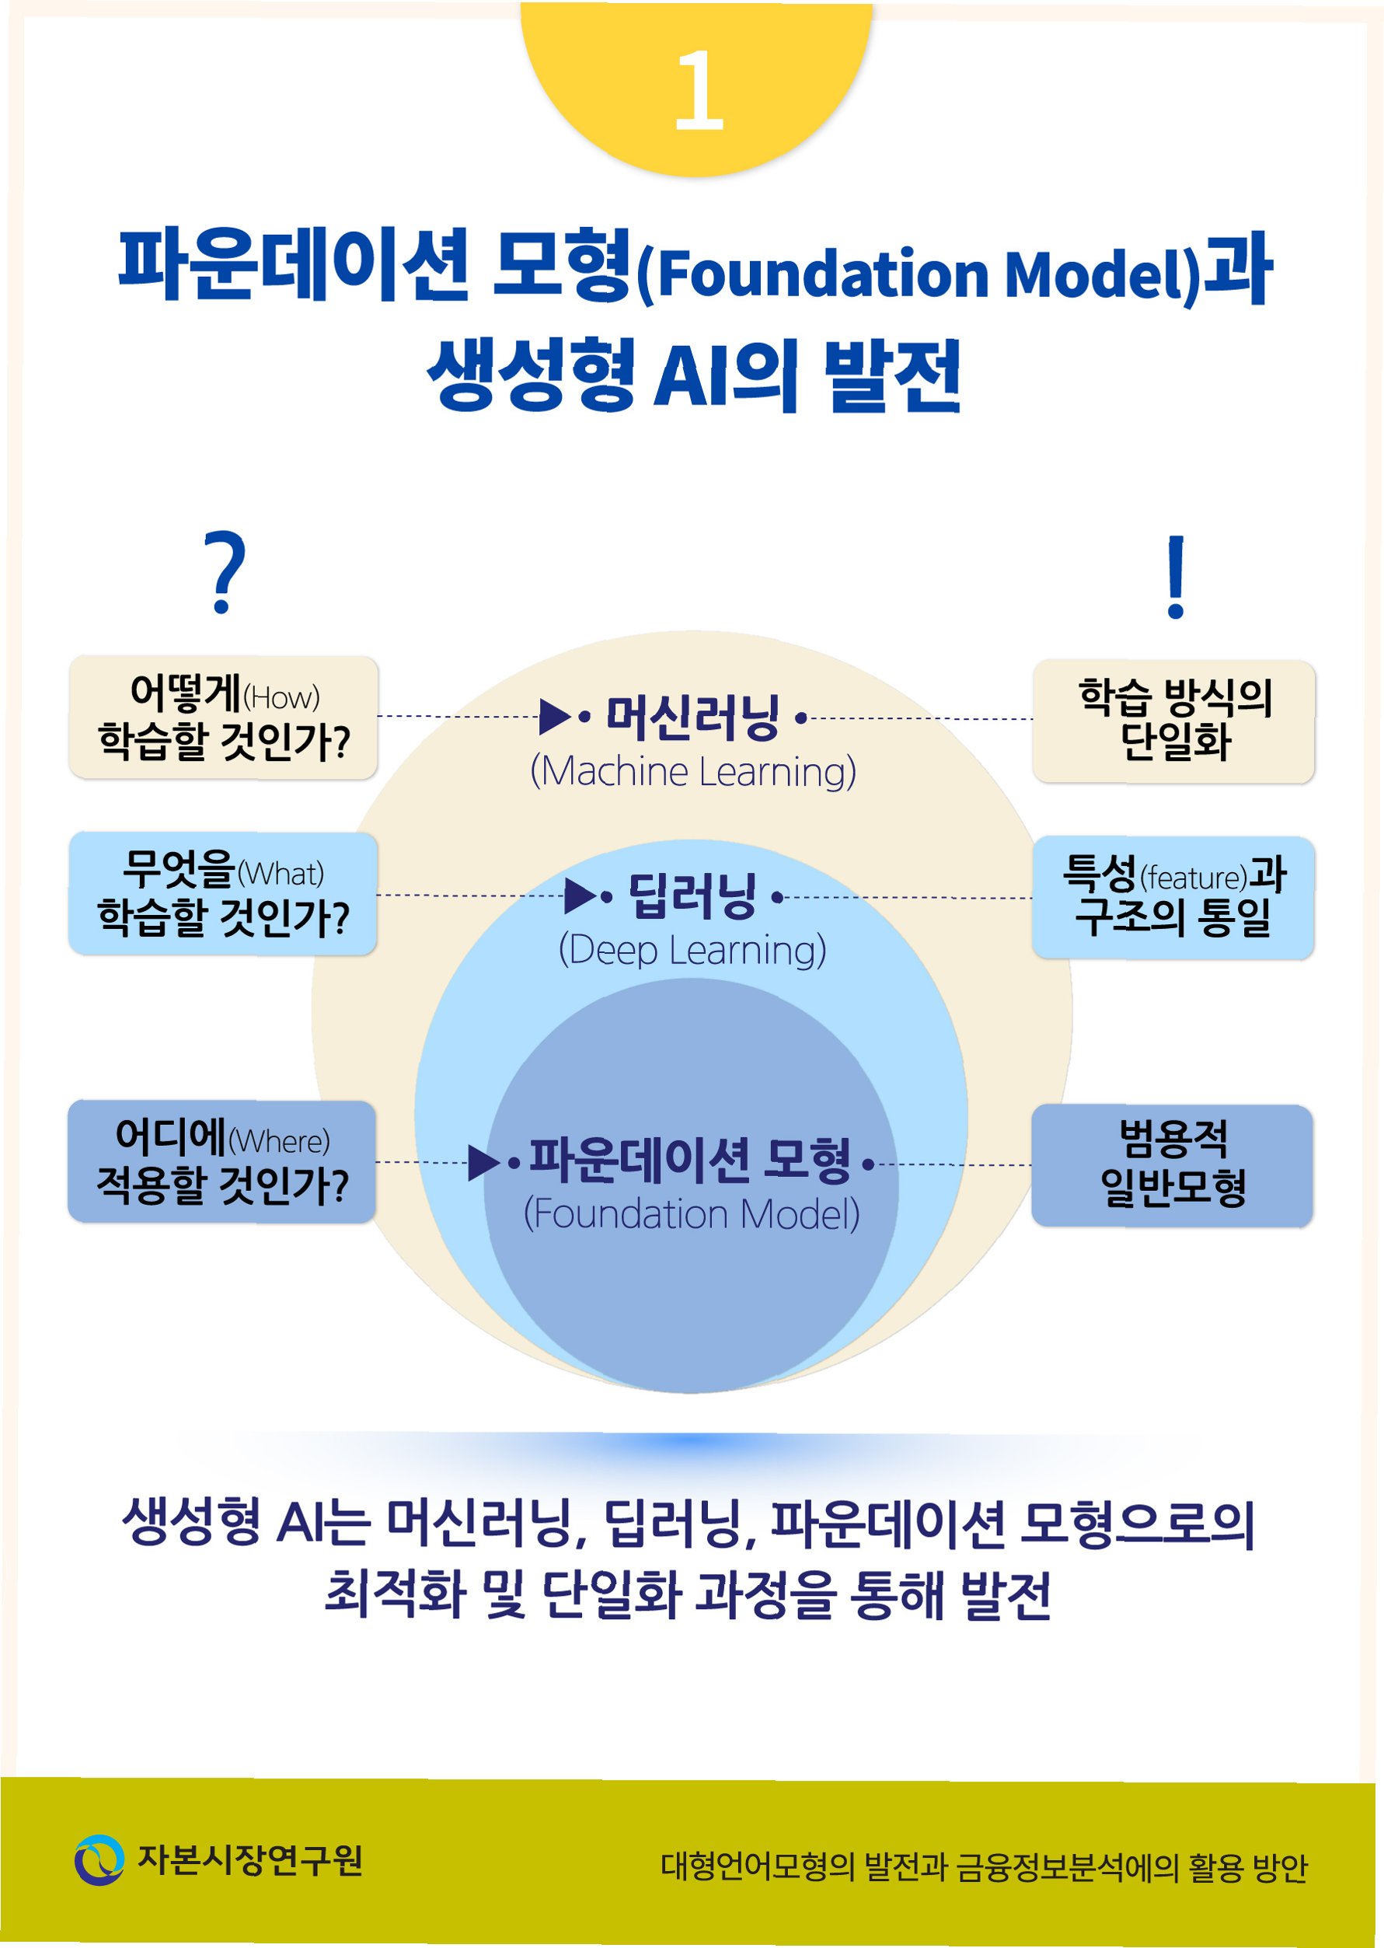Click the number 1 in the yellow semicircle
point(699,89)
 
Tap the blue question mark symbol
point(225,571)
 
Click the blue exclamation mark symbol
point(1176,576)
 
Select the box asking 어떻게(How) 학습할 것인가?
point(223,717)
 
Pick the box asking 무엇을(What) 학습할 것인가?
point(222,893)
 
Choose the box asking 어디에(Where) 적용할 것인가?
point(221,1161)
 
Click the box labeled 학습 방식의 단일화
point(1173,721)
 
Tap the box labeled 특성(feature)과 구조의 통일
point(1173,897)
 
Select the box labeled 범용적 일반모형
point(1172,1164)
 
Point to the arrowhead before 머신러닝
point(554,717)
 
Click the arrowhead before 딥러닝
point(580,896)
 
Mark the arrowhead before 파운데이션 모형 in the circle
point(483,1163)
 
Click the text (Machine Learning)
point(693,772)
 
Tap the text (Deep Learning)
point(692,950)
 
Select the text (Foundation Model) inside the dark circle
point(691,1214)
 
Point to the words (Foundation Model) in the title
point(918,274)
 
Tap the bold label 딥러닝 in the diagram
point(692,896)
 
